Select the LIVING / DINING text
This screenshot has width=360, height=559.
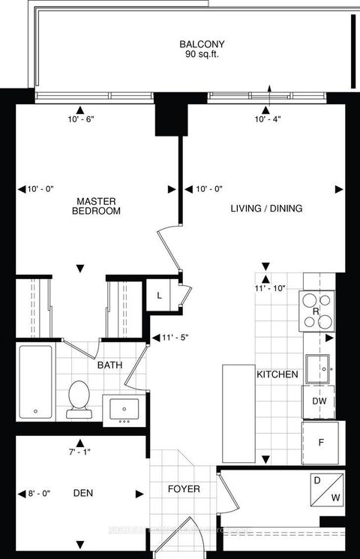click(x=266, y=209)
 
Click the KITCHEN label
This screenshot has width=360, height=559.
click(x=277, y=374)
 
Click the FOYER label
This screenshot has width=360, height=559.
click(x=184, y=488)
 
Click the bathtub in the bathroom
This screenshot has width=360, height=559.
click(x=35, y=382)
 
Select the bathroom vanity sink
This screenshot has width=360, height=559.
click(x=124, y=409)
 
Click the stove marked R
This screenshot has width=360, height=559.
click(x=316, y=311)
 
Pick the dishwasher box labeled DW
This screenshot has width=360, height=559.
click(x=318, y=401)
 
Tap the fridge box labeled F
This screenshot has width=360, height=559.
click(x=320, y=442)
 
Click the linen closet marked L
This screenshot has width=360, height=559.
click(x=158, y=295)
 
